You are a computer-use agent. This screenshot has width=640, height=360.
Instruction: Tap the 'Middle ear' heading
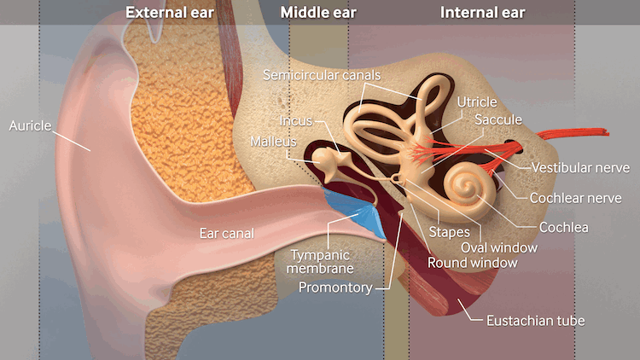click(318, 13)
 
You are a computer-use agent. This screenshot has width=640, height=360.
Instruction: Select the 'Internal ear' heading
click(482, 13)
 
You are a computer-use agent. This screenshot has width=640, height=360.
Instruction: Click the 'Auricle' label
click(31, 125)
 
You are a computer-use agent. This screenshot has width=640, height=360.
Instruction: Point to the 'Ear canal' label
click(227, 233)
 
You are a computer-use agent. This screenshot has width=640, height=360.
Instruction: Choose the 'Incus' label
click(296, 120)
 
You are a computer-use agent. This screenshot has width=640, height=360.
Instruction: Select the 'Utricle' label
click(477, 102)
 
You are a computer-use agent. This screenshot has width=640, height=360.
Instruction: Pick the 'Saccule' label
click(498, 119)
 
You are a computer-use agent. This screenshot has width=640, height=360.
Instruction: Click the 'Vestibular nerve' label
click(579, 167)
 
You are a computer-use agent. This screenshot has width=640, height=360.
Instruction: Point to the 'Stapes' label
click(448, 231)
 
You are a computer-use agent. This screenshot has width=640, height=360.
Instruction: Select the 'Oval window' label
click(499, 247)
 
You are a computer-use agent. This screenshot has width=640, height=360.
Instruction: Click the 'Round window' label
click(473, 263)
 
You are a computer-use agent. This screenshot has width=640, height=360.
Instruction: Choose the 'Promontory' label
click(335, 287)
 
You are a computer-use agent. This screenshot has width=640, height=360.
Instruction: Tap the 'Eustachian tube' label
click(535, 321)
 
